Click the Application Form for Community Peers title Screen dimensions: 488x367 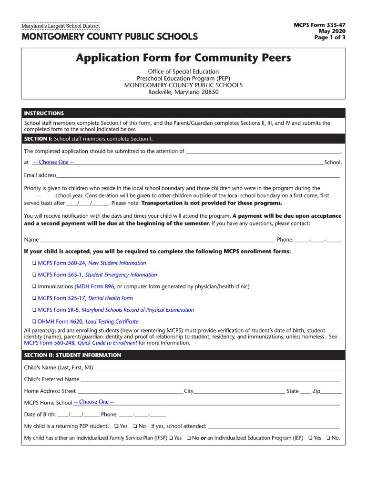click(x=183, y=58)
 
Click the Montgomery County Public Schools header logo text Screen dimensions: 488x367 click(x=109, y=37)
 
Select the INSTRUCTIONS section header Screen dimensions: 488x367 click(x=44, y=113)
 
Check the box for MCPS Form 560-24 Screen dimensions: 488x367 click(x=34, y=263)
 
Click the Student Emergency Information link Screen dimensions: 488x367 click(x=121, y=275)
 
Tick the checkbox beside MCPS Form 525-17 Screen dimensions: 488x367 click(x=34, y=298)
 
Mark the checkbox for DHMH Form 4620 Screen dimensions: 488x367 click(x=34, y=322)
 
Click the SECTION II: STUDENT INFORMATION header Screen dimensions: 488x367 click(x=72, y=356)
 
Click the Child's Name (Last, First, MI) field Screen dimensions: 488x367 click(x=217, y=367)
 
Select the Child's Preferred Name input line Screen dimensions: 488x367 click(x=210, y=379)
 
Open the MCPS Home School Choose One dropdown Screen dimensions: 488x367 click(x=93, y=402)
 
